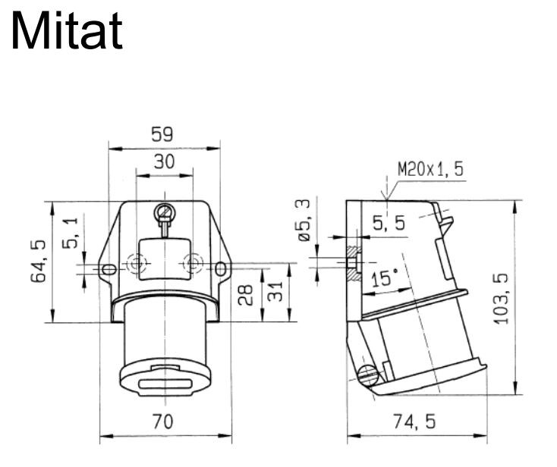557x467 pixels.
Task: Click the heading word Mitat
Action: [67, 30]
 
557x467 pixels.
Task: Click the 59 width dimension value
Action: [162, 134]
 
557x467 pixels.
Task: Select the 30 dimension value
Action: [164, 161]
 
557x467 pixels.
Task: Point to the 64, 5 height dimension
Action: [39, 262]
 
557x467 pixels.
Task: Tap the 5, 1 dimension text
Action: [70, 233]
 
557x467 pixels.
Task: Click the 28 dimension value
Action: [245, 295]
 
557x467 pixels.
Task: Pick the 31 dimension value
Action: [275, 291]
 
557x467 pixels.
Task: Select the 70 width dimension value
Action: [163, 422]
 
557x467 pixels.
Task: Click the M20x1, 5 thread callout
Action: [430, 169]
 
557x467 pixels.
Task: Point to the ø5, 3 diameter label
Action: [304, 221]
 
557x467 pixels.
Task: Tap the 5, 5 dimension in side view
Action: [389, 223]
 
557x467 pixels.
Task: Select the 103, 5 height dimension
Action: [502, 299]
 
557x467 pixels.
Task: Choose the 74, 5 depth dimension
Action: [414, 422]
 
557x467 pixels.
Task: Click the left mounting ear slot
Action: [109, 269]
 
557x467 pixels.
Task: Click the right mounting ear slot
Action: [221, 268]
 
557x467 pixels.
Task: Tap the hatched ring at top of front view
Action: [165, 212]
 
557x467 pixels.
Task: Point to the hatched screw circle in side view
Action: [368, 376]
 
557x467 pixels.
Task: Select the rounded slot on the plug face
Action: [165, 384]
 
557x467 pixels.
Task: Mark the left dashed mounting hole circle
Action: [137, 264]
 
